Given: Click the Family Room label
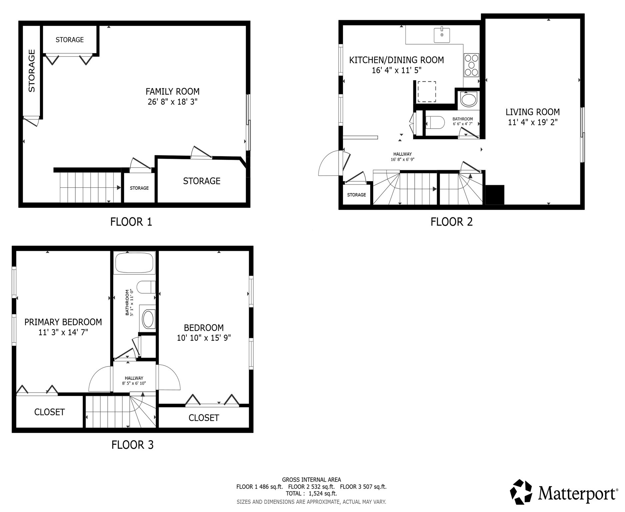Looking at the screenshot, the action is tap(172, 91).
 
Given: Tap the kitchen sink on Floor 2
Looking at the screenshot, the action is tap(442, 35).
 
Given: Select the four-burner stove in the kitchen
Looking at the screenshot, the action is tap(471, 65).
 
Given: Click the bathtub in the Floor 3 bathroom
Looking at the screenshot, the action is tap(134, 263).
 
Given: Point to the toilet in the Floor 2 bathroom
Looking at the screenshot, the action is tap(435, 122).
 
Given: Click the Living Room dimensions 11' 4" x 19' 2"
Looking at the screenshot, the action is tap(532, 122).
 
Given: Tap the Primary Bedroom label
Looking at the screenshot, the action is tap(63, 322).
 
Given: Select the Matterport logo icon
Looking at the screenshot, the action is tap(521, 492).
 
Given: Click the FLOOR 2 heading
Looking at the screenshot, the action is tap(451, 222).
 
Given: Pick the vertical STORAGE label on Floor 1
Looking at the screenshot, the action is tap(32, 71).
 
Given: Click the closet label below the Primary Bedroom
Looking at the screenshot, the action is tap(49, 412).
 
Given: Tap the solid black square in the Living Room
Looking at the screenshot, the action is tap(495, 195).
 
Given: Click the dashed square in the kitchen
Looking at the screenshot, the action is tap(427, 92).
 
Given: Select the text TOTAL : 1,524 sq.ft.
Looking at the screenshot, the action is tap(311, 494).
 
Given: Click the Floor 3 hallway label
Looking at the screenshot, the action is tap(134, 378).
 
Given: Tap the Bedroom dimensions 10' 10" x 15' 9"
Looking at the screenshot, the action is tap(204, 338).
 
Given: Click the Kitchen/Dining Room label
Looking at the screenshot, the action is tap(396, 60).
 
